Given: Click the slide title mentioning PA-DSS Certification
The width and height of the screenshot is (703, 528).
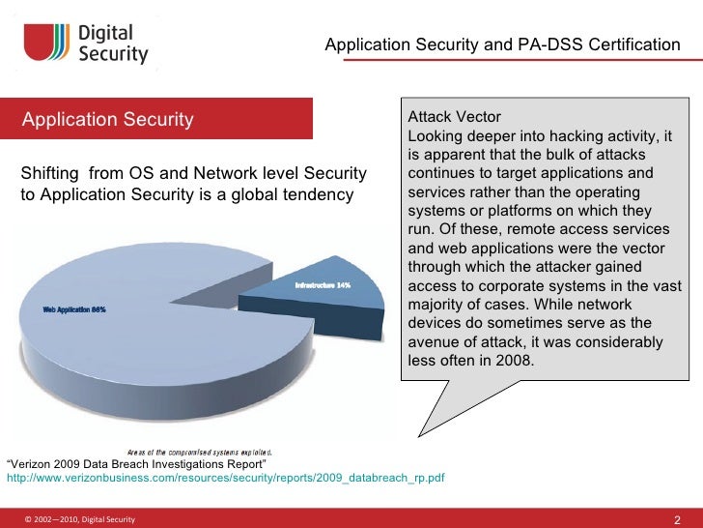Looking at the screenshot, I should (x=502, y=44).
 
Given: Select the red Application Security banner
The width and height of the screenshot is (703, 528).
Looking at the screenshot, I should (x=158, y=120).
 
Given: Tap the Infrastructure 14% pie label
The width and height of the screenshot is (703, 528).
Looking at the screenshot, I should (x=322, y=285).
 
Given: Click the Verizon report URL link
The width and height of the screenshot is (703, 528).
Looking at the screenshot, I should (x=225, y=478).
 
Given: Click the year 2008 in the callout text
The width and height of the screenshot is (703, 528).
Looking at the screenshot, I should (x=513, y=362).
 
